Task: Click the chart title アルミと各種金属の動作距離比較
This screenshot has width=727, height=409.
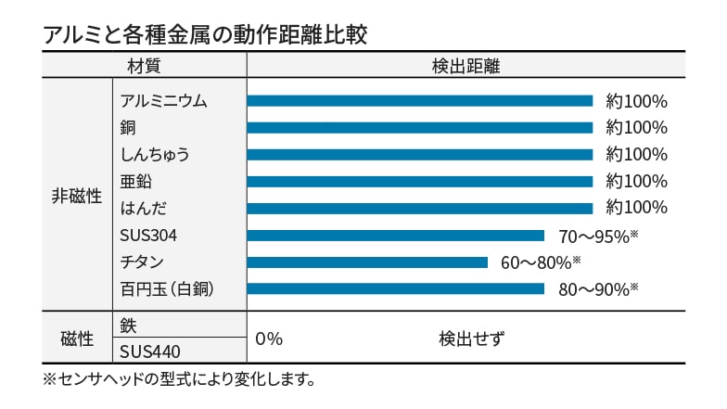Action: coord(206,34)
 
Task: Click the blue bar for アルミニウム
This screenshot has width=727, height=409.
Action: coord(419,101)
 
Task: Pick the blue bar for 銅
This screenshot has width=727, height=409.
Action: coord(419,128)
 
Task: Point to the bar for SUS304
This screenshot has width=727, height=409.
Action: coord(395,236)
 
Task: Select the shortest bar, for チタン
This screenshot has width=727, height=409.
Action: coord(367,262)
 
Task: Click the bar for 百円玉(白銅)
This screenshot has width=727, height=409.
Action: coord(395,289)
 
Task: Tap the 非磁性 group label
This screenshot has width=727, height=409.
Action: coord(76,196)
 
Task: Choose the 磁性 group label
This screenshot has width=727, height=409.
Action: coord(76,339)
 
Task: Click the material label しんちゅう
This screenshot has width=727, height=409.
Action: coord(155,155)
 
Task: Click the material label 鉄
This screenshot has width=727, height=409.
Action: coord(128,326)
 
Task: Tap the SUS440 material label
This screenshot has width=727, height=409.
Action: coord(150,351)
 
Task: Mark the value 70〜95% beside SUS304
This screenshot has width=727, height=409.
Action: coord(598,236)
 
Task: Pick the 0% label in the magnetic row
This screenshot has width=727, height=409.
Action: coord(269,339)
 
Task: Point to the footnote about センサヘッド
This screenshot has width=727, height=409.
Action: coord(181,379)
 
